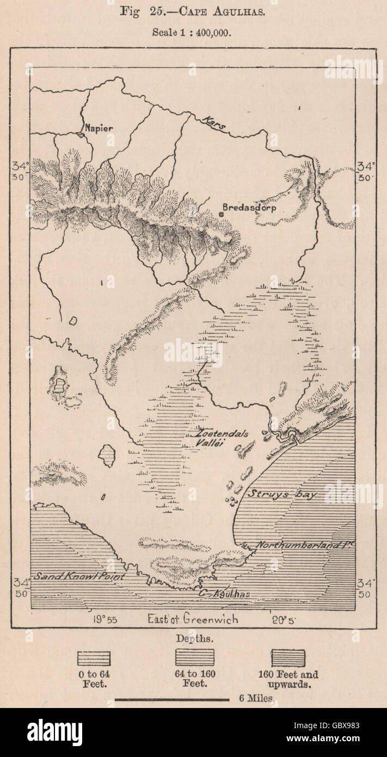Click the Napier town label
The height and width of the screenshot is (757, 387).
pos(99,128)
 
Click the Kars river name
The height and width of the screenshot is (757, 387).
pos(213,123)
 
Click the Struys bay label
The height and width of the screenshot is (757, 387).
pos(283,495)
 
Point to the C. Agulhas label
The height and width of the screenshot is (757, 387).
pos(224,594)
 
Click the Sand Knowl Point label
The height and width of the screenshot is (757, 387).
pos(79,576)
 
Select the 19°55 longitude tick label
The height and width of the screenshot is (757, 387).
pos(106,619)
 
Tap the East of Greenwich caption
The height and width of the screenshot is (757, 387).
pos(193,619)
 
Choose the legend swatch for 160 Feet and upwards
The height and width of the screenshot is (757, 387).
pos(288,658)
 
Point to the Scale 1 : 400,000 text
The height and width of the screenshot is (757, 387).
pos(192,32)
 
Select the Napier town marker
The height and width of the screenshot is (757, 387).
pos(80,133)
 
